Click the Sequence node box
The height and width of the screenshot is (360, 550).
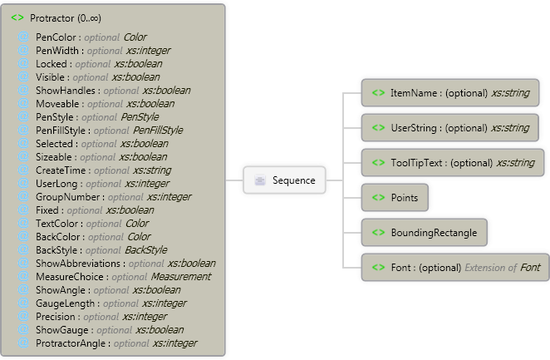click(x=284, y=180)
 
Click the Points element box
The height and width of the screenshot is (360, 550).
click(x=395, y=198)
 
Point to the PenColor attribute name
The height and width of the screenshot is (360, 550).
click(x=56, y=37)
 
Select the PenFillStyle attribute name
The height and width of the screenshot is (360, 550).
click(x=63, y=131)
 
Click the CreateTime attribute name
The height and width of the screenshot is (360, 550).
click(x=61, y=170)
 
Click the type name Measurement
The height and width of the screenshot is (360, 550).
click(x=181, y=277)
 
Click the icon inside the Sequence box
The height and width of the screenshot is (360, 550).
click(x=260, y=180)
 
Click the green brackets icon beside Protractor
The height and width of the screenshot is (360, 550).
click(x=17, y=17)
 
